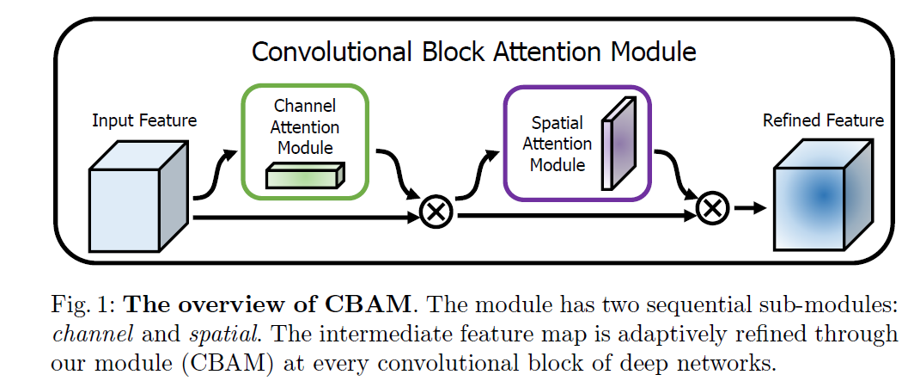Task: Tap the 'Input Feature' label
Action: point(144,120)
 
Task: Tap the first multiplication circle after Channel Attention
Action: point(436,212)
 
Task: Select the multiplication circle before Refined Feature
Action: point(712,208)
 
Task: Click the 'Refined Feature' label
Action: point(823,120)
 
